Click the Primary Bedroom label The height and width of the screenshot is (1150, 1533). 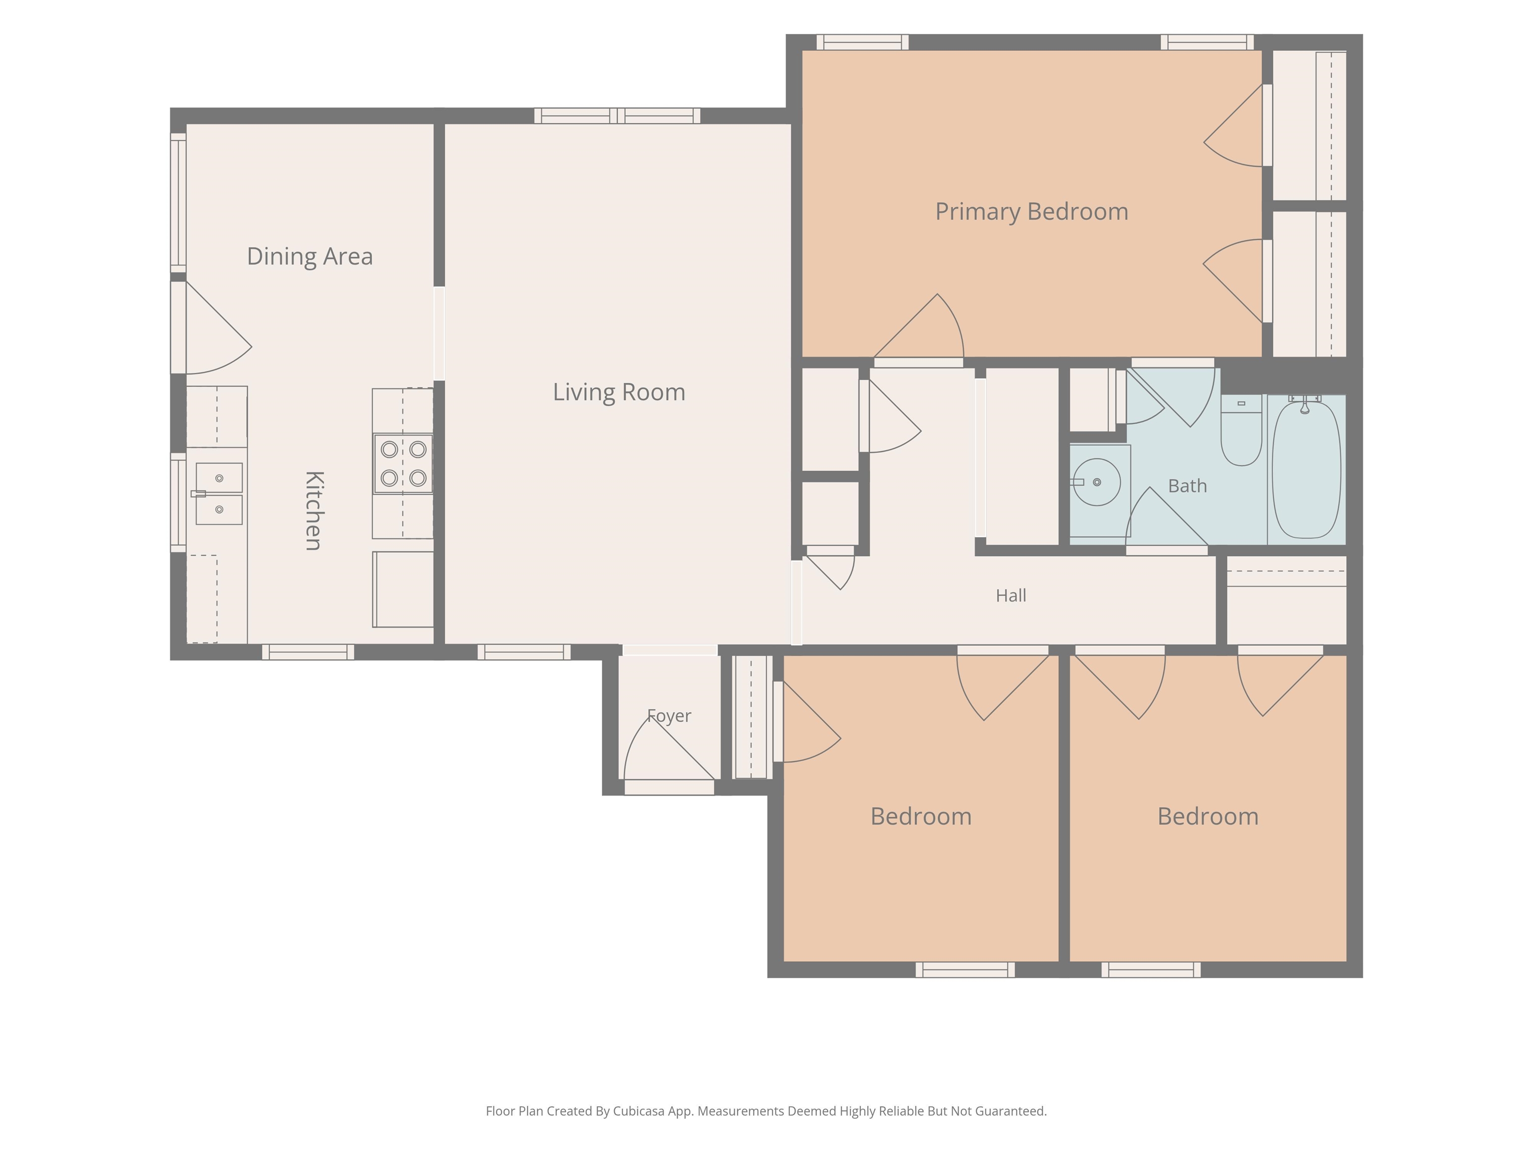1031,212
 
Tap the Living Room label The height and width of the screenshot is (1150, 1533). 619,392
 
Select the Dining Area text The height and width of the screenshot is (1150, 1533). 310,257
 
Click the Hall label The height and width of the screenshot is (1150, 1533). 1011,595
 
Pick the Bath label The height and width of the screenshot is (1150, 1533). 1187,486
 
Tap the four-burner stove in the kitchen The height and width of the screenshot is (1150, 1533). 403,464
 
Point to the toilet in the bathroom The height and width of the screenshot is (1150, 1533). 1241,430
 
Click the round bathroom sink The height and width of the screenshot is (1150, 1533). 1096,482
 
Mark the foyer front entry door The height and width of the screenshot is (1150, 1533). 670,787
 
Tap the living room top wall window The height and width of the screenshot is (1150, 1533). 617,116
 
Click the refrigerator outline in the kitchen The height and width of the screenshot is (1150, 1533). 403,589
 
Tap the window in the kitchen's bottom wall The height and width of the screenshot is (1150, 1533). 308,651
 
